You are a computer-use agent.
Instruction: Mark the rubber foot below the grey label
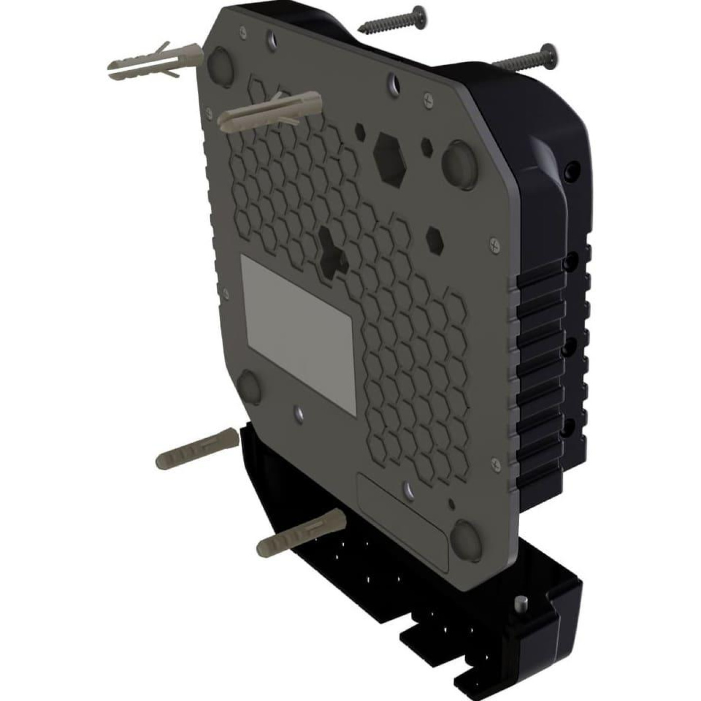pos(248,388)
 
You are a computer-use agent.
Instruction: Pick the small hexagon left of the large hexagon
pos(360,131)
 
